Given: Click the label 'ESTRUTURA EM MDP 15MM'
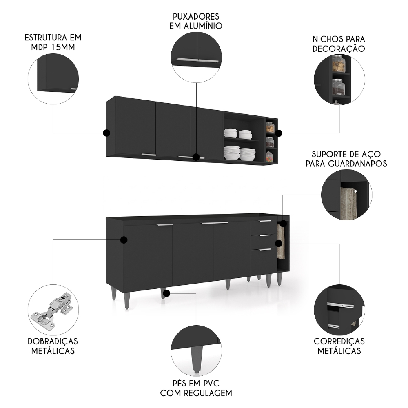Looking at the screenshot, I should coord(53,42).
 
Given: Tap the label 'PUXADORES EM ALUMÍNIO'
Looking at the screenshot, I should coord(196,21).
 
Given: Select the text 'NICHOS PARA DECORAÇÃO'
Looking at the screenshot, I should coord(339,44).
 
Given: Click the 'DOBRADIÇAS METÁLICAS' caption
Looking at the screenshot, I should coord(53,346).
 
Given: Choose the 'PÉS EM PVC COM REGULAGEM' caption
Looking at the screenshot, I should coord(196,388).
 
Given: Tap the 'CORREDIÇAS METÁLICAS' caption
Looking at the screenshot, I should coord(339,346).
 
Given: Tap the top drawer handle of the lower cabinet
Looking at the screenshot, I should coord(265,221).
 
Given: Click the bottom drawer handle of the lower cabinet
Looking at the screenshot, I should coord(265,249).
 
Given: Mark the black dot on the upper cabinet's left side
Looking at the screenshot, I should coord(107,133).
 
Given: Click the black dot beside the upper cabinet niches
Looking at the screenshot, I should coord(278,133).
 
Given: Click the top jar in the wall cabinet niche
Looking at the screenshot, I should coord(269,127).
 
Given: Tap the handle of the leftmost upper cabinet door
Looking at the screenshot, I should coord(148,155).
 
